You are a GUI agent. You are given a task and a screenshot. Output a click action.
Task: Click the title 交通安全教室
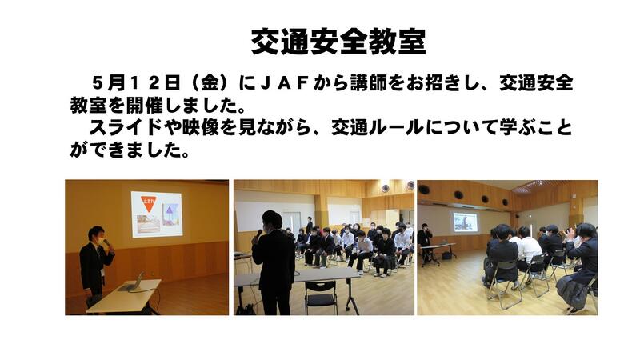click(x=338, y=42)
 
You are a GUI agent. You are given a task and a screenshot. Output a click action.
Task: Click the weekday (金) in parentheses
click(x=210, y=83)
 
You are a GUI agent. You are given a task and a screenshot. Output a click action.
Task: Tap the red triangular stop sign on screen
click(x=149, y=204)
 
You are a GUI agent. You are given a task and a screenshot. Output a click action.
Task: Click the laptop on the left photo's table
click(x=132, y=282)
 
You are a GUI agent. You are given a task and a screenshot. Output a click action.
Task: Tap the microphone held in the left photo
click(x=108, y=244)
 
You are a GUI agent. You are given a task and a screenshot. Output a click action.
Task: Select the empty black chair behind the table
click(x=322, y=297)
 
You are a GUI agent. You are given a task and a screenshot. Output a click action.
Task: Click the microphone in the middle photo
click(x=258, y=234)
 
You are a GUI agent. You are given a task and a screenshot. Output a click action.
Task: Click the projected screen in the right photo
click(x=465, y=222)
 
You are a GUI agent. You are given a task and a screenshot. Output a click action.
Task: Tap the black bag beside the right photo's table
click(x=447, y=255)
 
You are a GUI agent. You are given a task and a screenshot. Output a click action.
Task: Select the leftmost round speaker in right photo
click(x=424, y=190)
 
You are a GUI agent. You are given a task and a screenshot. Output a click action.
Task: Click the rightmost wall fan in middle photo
click(x=410, y=185)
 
